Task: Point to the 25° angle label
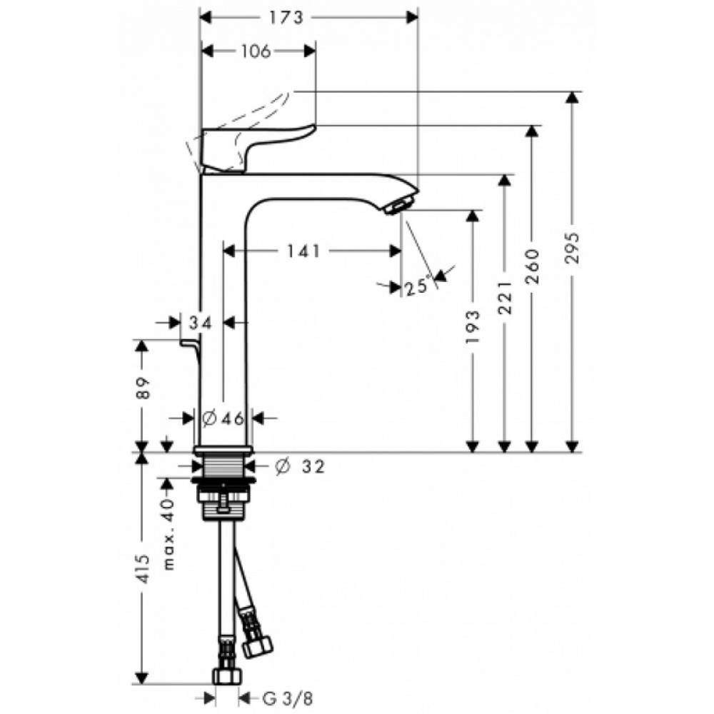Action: [x=418, y=287]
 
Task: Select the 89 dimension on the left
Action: [x=143, y=388]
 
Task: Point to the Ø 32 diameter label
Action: [x=300, y=467]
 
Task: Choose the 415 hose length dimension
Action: [x=143, y=568]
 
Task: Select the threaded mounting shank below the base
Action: [x=223, y=468]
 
